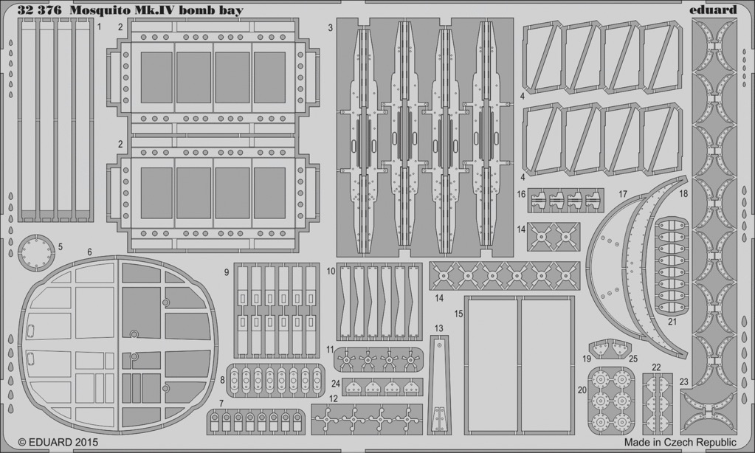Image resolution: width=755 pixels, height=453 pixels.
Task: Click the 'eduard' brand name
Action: tap(715, 10)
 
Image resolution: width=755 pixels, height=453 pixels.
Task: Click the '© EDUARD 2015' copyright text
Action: tap(58, 441)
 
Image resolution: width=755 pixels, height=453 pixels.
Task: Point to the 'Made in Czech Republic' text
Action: tap(680, 442)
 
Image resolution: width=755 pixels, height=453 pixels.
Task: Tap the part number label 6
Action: tap(90, 252)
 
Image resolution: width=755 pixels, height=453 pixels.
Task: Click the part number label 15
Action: tap(458, 314)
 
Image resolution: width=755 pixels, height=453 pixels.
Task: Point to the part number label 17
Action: tap(623, 194)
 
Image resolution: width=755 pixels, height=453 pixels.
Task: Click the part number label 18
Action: tap(683, 194)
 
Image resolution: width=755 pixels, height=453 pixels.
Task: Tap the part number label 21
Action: tap(672, 321)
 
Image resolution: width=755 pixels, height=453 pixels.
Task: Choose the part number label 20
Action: tap(582, 390)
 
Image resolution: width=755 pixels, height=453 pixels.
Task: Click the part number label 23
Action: tap(683, 382)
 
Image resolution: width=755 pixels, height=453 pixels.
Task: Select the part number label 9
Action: tap(227, 272)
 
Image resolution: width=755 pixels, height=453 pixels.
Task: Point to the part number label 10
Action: tap(331, 272)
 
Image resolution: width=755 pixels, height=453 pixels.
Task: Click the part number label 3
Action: tap(331, 28)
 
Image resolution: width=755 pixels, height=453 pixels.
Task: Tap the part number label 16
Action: tap(522, 194)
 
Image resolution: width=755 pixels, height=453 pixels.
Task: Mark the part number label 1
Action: tap(99, 27)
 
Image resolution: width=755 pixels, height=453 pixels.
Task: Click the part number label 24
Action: tap(336, 384)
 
